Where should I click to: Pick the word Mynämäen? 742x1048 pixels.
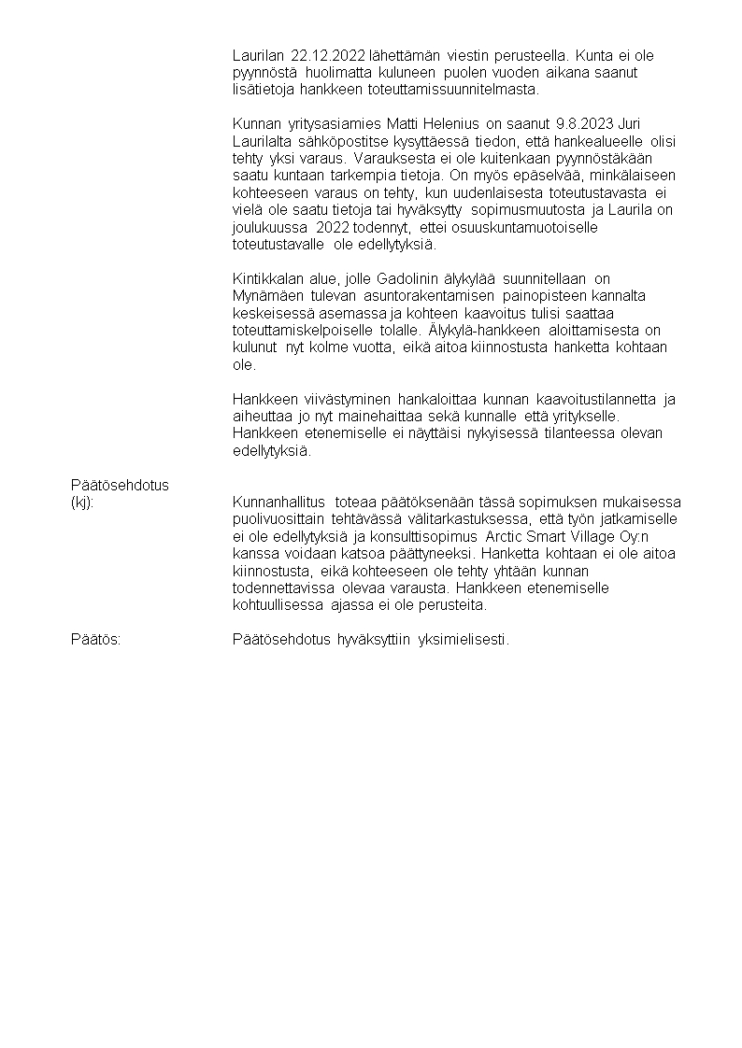265,296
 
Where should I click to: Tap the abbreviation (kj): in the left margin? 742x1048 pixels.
83,503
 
